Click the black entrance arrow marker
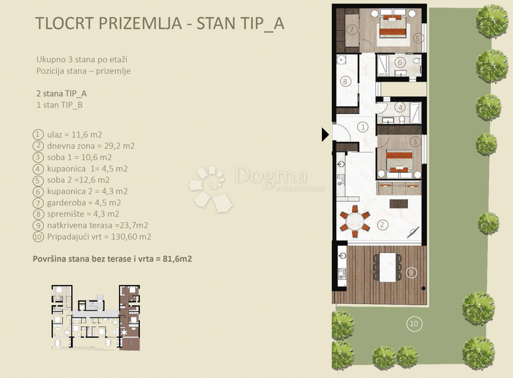325,135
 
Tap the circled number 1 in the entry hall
363,127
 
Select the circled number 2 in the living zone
383,223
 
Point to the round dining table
355,222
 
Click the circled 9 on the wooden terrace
411,272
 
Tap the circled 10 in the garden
414,324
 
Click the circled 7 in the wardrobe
352,30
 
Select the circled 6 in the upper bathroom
400,62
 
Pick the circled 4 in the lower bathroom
400,107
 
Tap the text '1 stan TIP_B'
59,105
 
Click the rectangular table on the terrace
388,267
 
